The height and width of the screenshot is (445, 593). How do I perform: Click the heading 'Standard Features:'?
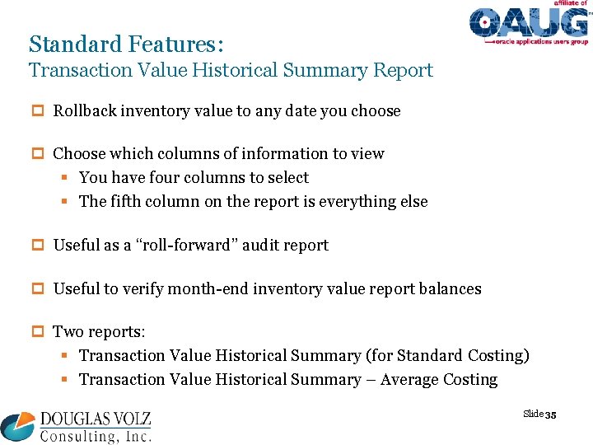tap(125, 43)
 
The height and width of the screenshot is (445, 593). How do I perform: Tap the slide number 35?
tap(551, 415)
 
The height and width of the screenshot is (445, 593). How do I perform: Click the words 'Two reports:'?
tap(99, 332)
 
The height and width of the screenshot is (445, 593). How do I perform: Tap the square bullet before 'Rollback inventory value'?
tap(38, 111)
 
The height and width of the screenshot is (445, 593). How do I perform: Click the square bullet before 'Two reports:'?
tap(38, 332)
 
